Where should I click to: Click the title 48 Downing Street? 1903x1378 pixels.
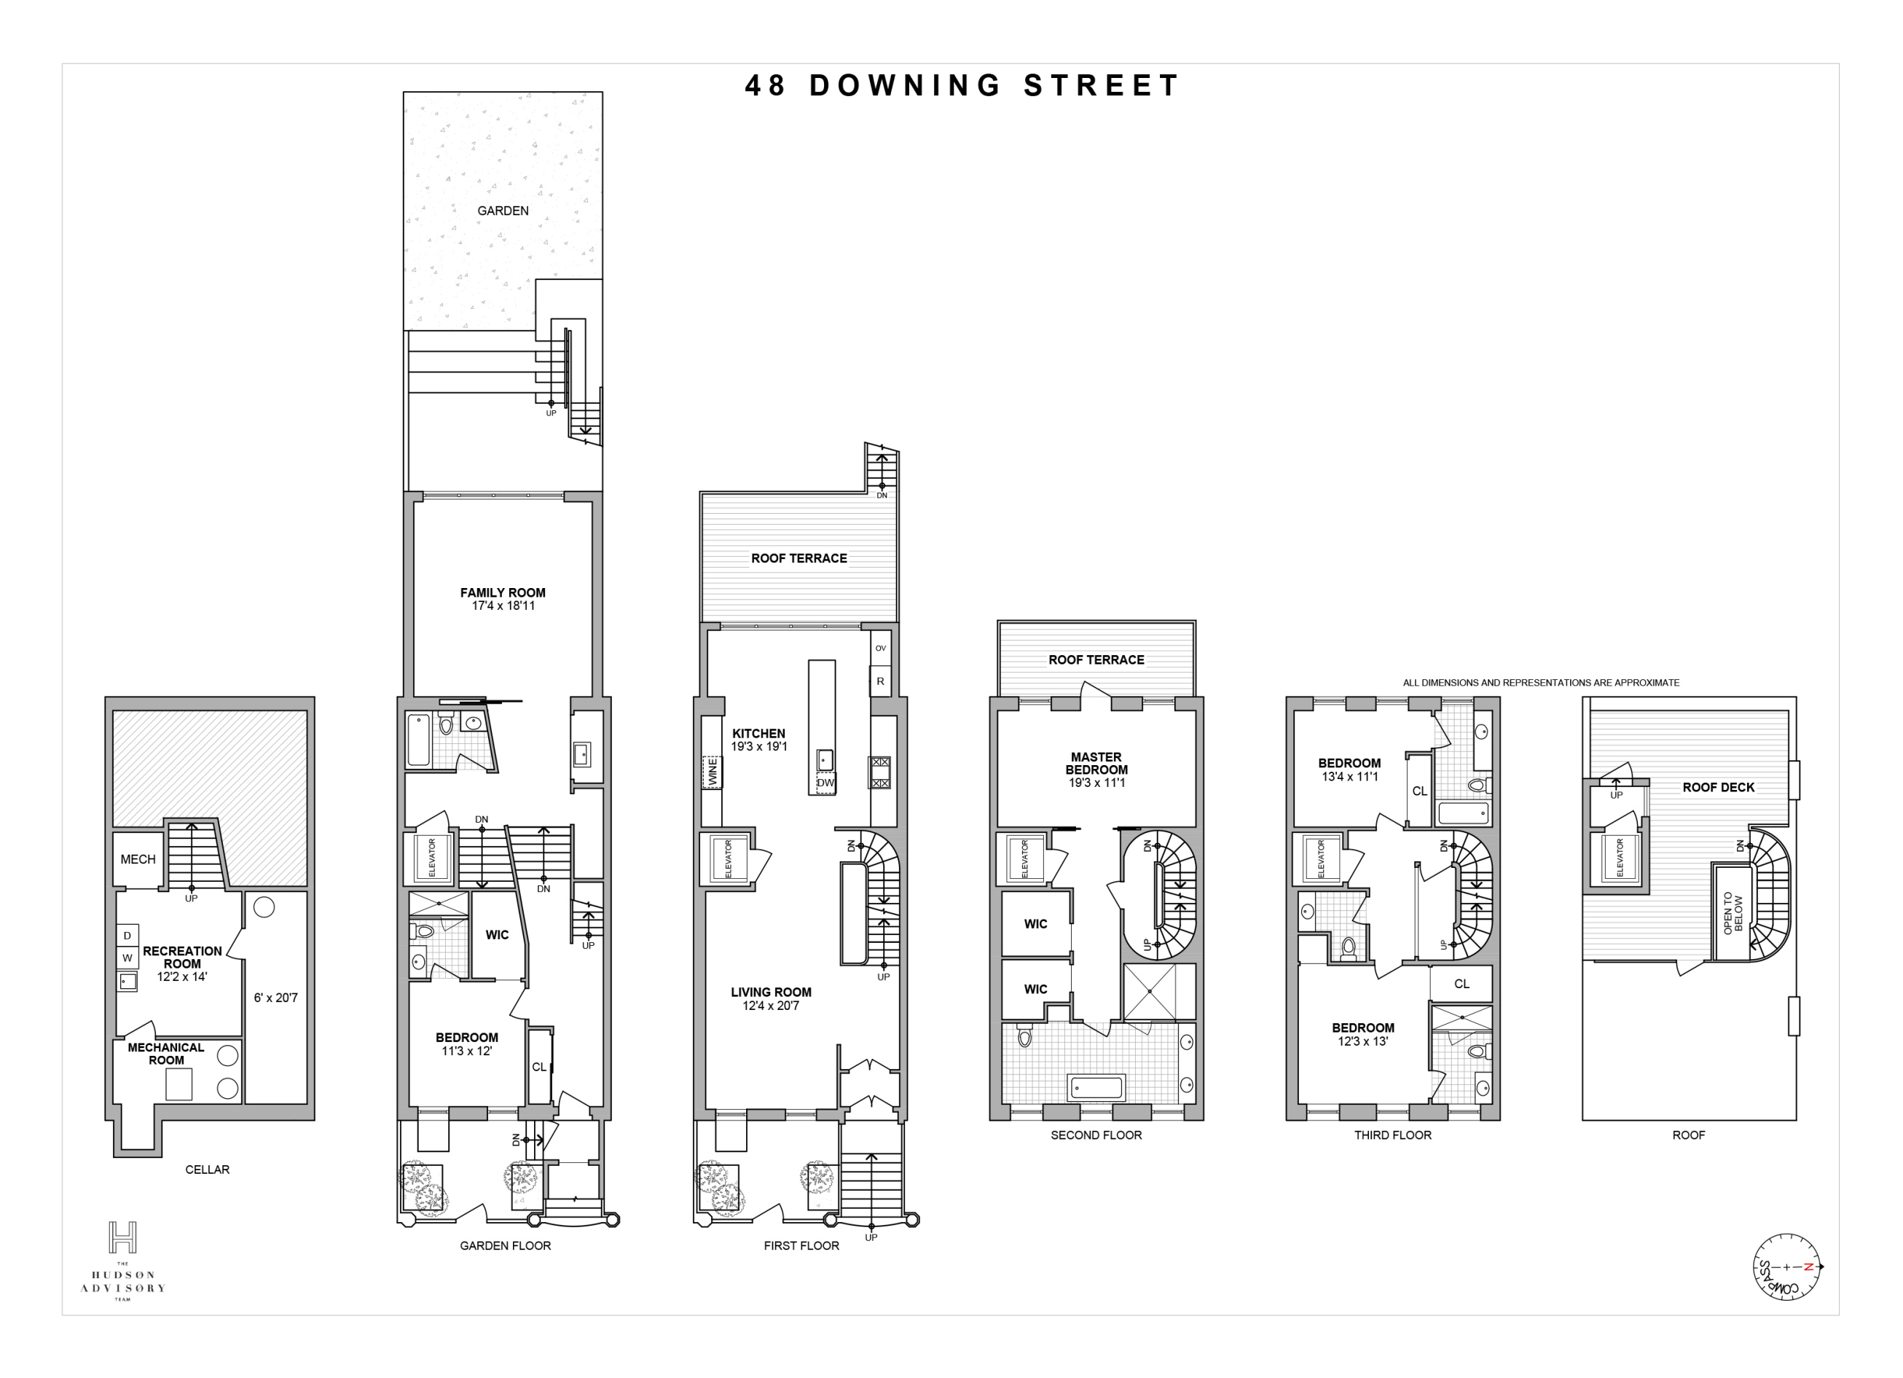click(962, 85)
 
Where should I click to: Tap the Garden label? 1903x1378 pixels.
click(503, 211)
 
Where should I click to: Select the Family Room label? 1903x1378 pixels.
click(503, 598)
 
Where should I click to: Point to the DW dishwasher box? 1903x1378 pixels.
click(825, 783)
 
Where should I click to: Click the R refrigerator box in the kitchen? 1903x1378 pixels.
click(880, 681)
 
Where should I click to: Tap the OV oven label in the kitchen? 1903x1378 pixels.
click(880, 648)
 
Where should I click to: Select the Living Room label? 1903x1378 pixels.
click(770, 998)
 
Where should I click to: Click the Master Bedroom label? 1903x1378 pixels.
click(1096, 769)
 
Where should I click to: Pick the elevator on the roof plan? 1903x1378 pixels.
click(1620, 858)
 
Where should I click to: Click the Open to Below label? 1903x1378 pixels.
click(1733, 913)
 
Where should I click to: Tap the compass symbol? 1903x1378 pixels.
click(1786, 1267)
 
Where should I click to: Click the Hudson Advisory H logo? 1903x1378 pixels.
click(122, 1238)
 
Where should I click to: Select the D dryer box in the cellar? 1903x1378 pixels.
click(127, 936)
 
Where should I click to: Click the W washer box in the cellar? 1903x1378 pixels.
click(127, 958)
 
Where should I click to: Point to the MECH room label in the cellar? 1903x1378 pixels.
click(138, 859)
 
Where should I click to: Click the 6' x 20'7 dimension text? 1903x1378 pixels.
click(275, 998)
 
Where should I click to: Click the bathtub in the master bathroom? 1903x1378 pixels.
click(1095, 1089)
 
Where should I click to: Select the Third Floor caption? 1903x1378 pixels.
click(1392, 1135)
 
